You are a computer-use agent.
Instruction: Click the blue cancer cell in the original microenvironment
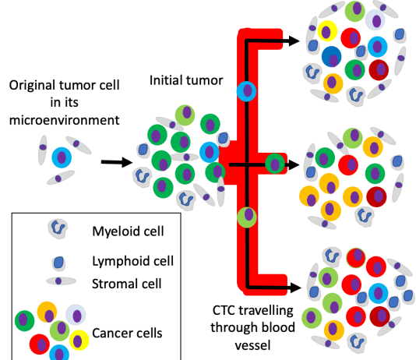62,157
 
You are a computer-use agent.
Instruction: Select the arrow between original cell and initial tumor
117,162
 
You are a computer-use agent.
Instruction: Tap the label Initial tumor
186,80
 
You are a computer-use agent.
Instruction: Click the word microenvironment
64,120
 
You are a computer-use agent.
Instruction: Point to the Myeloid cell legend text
128,231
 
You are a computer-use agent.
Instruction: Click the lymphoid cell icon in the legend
58,263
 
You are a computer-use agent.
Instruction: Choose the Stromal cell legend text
126,284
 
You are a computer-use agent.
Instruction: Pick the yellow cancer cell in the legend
79,340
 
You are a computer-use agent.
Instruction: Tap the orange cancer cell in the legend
48,312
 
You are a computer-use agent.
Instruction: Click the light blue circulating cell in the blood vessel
246,91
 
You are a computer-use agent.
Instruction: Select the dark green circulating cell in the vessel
275,164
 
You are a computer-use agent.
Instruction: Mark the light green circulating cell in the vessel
247,217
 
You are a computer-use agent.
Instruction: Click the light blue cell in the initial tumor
209,152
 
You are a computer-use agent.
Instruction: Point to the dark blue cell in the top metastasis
332,57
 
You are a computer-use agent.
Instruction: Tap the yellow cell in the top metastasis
327,30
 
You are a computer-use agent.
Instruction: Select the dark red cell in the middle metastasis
376,196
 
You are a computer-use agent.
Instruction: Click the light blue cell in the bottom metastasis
378,294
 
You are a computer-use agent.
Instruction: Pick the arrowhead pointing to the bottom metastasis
295,288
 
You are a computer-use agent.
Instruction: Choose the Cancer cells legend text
127,334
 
